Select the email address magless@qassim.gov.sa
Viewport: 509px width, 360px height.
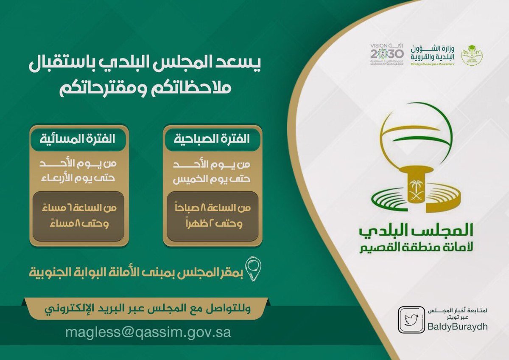[148, 332]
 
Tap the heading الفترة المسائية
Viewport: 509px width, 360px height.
[78, 139]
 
